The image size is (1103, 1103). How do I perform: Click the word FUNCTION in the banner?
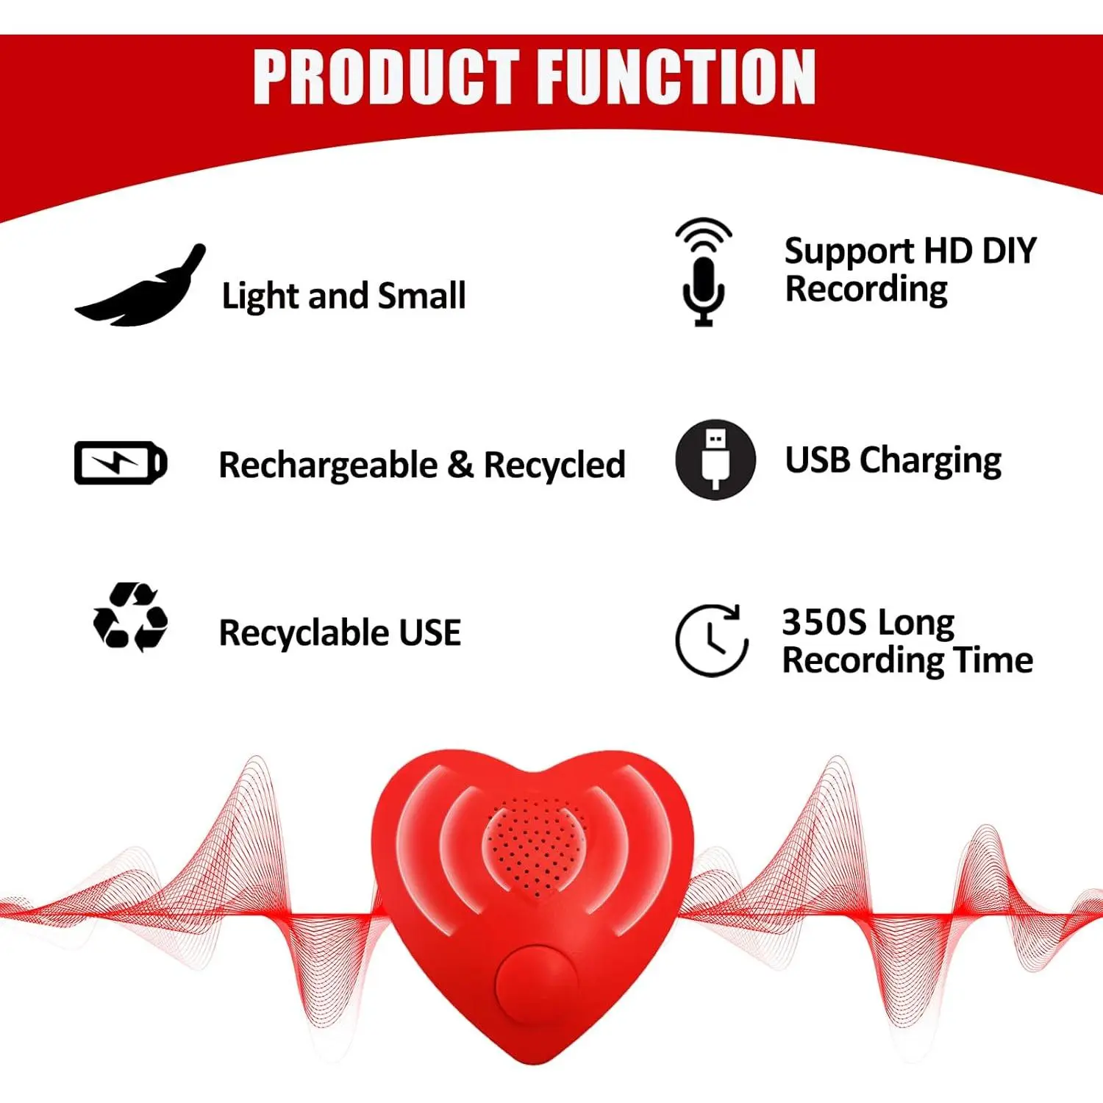click(x=677, y=76)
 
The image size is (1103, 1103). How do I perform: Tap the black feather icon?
click(x=140, y=285)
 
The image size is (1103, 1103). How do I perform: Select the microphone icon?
click(x=704, y=272)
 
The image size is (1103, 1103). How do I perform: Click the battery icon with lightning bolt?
click(x=121, y=463)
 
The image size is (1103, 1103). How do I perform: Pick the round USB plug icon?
click(x=715, y=460)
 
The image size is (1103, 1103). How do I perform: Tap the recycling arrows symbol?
click(x=130, y=617)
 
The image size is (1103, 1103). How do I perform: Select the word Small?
click(x=421, y=296)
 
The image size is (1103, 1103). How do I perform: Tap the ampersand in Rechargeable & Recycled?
click(x=460, y=465)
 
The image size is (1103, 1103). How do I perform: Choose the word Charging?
click(x=930, y=462)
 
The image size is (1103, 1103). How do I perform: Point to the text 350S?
click(x=824, y=622)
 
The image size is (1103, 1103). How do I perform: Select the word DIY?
click(x=1009, y=251)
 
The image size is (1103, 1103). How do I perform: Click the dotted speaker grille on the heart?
click(x=535, y=846)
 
